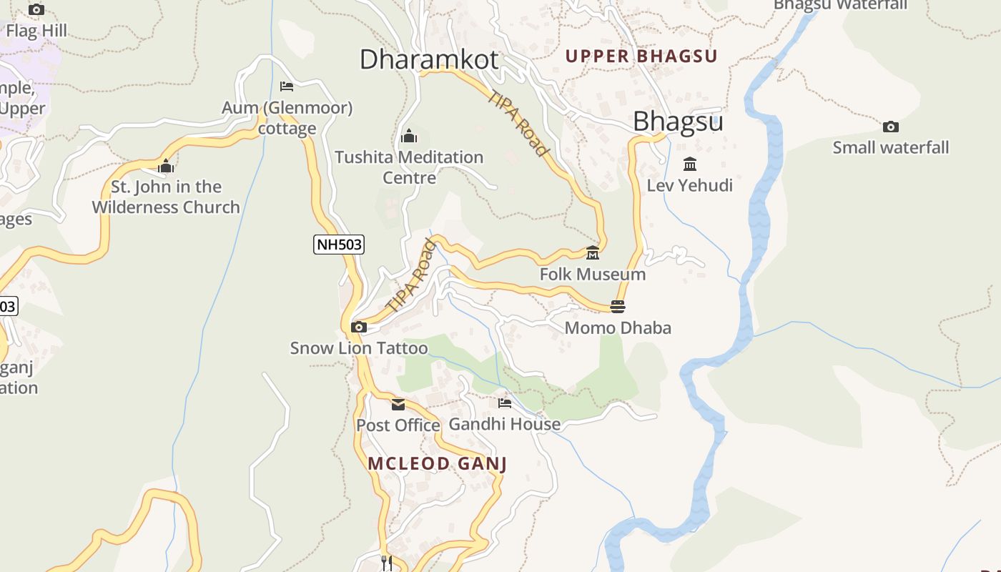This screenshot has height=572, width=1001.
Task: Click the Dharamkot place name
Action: pos(428,59)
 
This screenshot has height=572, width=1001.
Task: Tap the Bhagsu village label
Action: pos(678,122)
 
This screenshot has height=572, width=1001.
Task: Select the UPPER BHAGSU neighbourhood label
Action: pos(641,56)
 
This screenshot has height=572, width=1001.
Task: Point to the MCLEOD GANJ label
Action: pos(437,463)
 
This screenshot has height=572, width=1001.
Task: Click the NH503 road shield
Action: pos(339,245)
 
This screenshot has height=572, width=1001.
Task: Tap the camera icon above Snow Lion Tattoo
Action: pos(359,327)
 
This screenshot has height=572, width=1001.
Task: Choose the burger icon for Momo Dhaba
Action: pos(618,307)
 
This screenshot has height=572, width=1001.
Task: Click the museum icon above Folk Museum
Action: pos(593,253)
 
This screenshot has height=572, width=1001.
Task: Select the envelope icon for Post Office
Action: pos(398,405)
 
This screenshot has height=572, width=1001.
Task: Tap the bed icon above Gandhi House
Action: pos(505,403)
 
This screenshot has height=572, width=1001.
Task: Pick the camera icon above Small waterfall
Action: pos(890,127)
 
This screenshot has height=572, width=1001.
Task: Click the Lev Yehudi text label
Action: pos(690,186)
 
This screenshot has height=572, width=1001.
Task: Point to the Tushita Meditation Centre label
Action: pos(409,167)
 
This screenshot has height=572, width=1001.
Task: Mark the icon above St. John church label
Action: pos(166,167)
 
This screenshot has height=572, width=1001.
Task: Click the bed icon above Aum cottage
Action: pos(287,87)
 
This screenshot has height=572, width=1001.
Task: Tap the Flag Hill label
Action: pos(36,31)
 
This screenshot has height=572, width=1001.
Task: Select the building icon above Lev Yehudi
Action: pos(690,164)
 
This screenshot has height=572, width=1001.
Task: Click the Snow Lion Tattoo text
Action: pos(359,348)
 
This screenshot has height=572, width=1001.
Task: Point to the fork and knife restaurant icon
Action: pos(386,563)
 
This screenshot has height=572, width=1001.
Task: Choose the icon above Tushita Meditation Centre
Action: pos(409,136)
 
